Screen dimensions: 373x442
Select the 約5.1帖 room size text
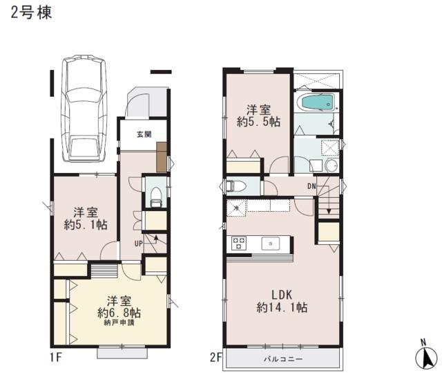(85, 224)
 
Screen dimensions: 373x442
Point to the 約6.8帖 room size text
(119, 312)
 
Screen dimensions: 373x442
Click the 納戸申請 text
(119, 322)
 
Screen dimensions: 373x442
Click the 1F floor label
(55, 357)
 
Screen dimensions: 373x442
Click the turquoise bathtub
(316, 103)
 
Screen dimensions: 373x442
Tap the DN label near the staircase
(312, 185)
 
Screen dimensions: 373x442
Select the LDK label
(281, 293)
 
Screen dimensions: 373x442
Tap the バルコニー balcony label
(282, 359)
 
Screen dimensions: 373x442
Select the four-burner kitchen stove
(239, 243)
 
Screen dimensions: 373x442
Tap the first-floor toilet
(155, 193)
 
